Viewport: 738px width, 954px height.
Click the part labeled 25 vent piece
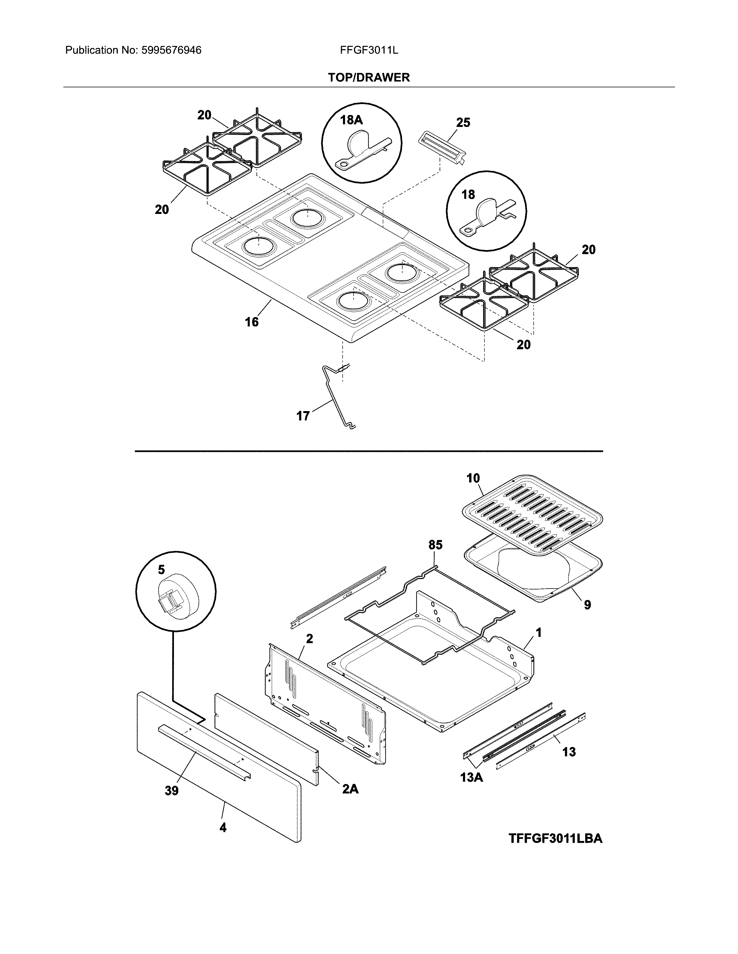(442, 148)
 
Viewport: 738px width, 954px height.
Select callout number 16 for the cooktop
(252, 322)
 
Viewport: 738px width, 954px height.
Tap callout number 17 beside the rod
(303, 415)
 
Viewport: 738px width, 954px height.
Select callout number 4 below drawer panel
(223, 827)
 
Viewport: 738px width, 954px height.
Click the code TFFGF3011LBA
(555, 838)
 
